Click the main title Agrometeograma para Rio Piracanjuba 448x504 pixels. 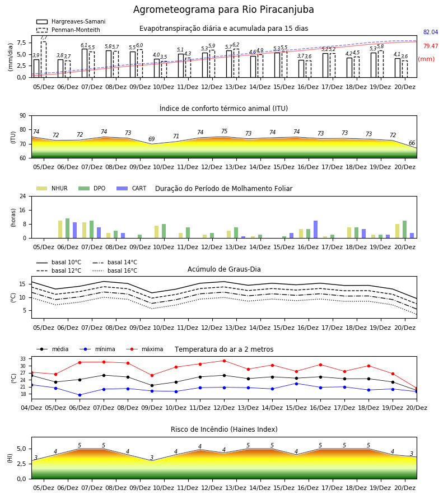click(x=223, y=10)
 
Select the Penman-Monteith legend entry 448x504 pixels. click(x=68, y=30)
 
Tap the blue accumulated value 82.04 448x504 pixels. click(x=430, y=32)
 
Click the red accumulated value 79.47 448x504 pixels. click(x=430, y=46)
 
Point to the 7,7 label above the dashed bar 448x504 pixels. click(x=44, y=38)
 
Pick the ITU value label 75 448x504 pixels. click(x=225, y=131)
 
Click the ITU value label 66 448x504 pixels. click(x=412, y=143)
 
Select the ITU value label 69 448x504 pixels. click(x=151, y=139)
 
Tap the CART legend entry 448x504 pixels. click(x=132, y=188)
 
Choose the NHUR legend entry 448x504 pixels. click(x=52, y=188)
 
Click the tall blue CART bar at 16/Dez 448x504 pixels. click(x=316, y=230)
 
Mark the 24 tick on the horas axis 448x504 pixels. click(x=23, y=196)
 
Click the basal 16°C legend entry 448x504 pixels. click(x=115, y=270)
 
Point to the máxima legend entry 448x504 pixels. click(x=144, y=349)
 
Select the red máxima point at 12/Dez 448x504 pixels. click(x=225, y=361)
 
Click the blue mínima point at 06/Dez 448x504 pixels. click(x=80, y=395)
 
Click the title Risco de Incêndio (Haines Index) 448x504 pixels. click(x=224, y=430)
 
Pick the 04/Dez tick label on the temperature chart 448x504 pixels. click(x=31, y=408)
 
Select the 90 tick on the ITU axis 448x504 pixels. click(x=23, y=116)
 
